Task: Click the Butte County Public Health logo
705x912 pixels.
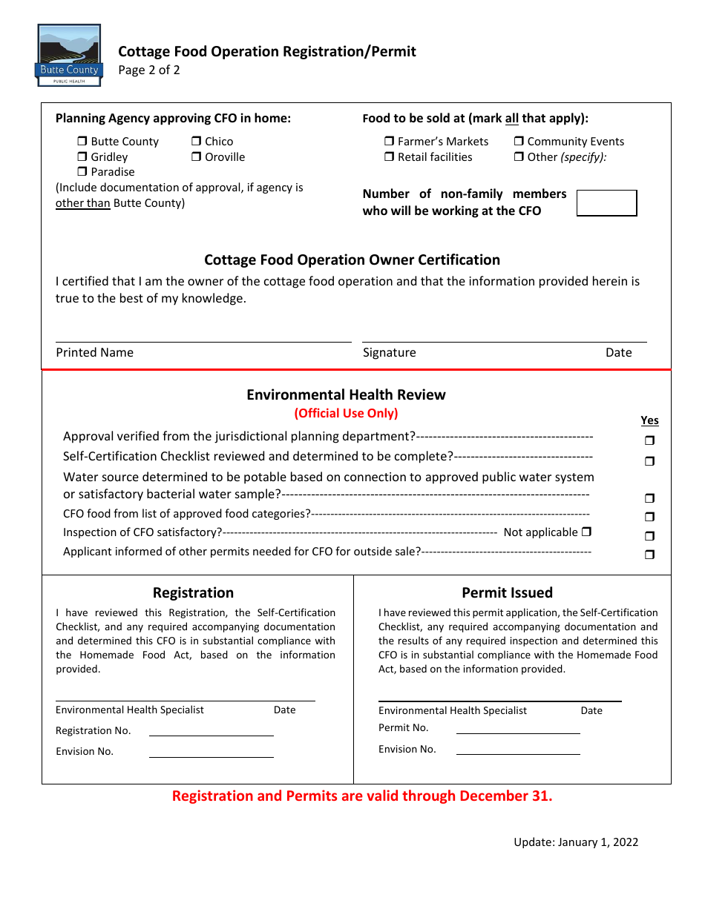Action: click(x=69, y=55)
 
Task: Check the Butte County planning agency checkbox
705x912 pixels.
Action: click(x=82, y=142)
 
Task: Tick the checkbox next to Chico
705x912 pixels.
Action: click(x=197, y=142)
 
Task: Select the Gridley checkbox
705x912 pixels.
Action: click(x=82, y=157)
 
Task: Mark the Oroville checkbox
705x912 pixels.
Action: click(x=197, y=157)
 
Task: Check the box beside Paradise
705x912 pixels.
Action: click(x=82, y=172)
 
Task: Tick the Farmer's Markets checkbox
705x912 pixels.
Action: click(x=390, y=142)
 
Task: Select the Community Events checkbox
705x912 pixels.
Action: click(x=519, y=142)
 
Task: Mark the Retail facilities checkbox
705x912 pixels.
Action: click(x=390, y=157)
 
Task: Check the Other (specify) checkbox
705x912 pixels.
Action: click(x=519, y=157)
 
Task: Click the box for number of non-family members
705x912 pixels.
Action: click(x=606, y=203)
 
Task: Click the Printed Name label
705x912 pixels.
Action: click(x=95, y=353)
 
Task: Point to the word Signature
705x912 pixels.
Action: click(x=390, y=353)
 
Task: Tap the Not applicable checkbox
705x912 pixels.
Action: click(x=587, y=532)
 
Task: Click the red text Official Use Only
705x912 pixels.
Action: click(x=346, y=414)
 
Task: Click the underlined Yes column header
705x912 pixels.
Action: click(x=649, y=420)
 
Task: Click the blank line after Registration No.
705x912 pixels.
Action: click(x=211, y=731)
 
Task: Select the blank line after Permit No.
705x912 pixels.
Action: click(x=518, y=728)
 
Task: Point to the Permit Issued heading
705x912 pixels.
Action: click(x=507, y=593)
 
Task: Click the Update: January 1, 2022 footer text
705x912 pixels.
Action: click(x=576, y=842)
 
